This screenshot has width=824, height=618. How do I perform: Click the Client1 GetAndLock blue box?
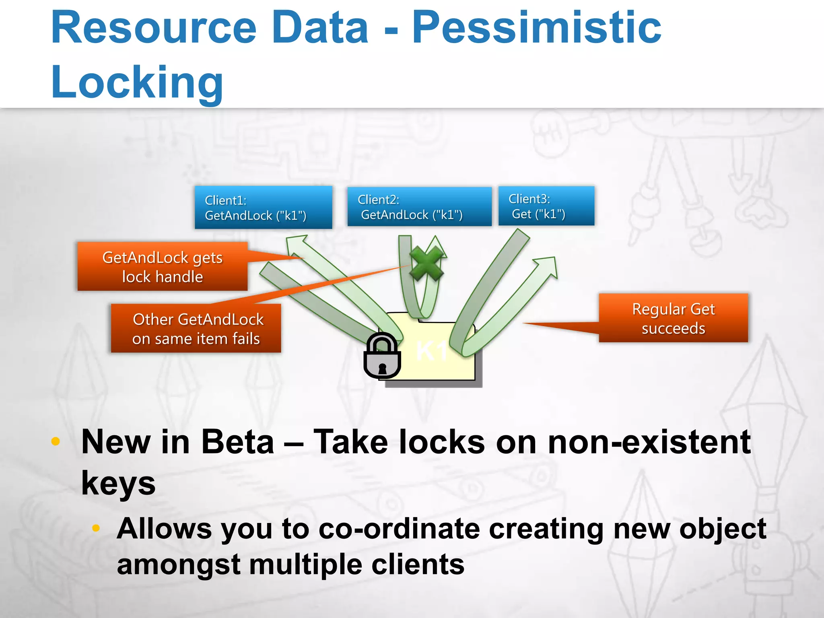point(263,207)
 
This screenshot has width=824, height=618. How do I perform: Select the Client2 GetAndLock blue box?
point(419,206)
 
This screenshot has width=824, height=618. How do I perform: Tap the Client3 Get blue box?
point(546,206)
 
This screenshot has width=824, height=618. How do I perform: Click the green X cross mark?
point(426,264)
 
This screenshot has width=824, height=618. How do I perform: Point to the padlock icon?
point(382,356)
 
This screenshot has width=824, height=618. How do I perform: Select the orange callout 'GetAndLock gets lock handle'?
point(162,266)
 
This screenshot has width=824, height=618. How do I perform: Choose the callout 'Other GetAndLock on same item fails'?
point(196,328)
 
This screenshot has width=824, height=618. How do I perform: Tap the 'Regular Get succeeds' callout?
point(673,318)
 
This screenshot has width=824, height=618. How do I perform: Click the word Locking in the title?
point(137,82)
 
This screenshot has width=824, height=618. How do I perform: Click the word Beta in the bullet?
point(237,442)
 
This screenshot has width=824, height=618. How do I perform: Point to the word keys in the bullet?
point(118,483)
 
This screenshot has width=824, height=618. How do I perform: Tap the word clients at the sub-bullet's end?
point(417,564)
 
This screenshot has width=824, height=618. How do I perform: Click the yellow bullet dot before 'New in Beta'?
point(56,441)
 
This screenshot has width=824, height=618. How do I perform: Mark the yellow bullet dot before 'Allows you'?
point(96,528)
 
